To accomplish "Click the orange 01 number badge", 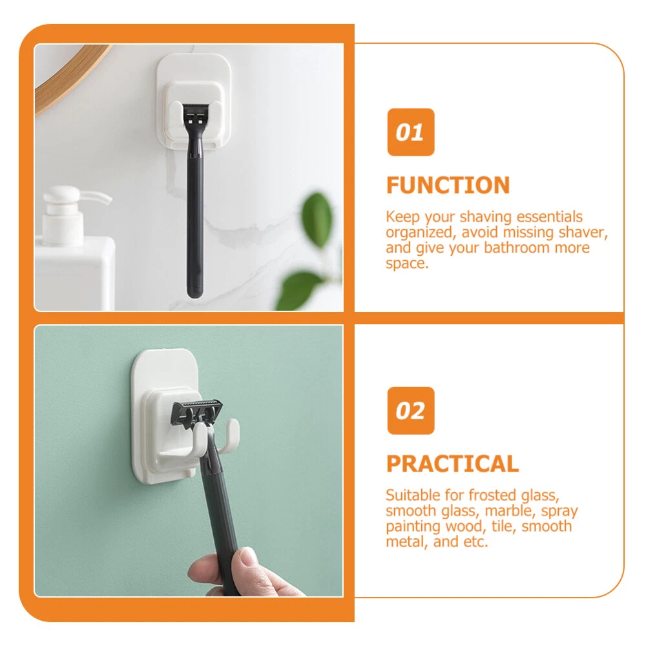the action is [411, 132].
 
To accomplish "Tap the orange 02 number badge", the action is [411, 411].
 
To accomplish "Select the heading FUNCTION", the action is [448, 185].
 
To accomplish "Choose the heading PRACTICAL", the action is [452, 464].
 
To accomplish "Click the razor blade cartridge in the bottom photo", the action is [197, 412].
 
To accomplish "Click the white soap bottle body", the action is [74, 272].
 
